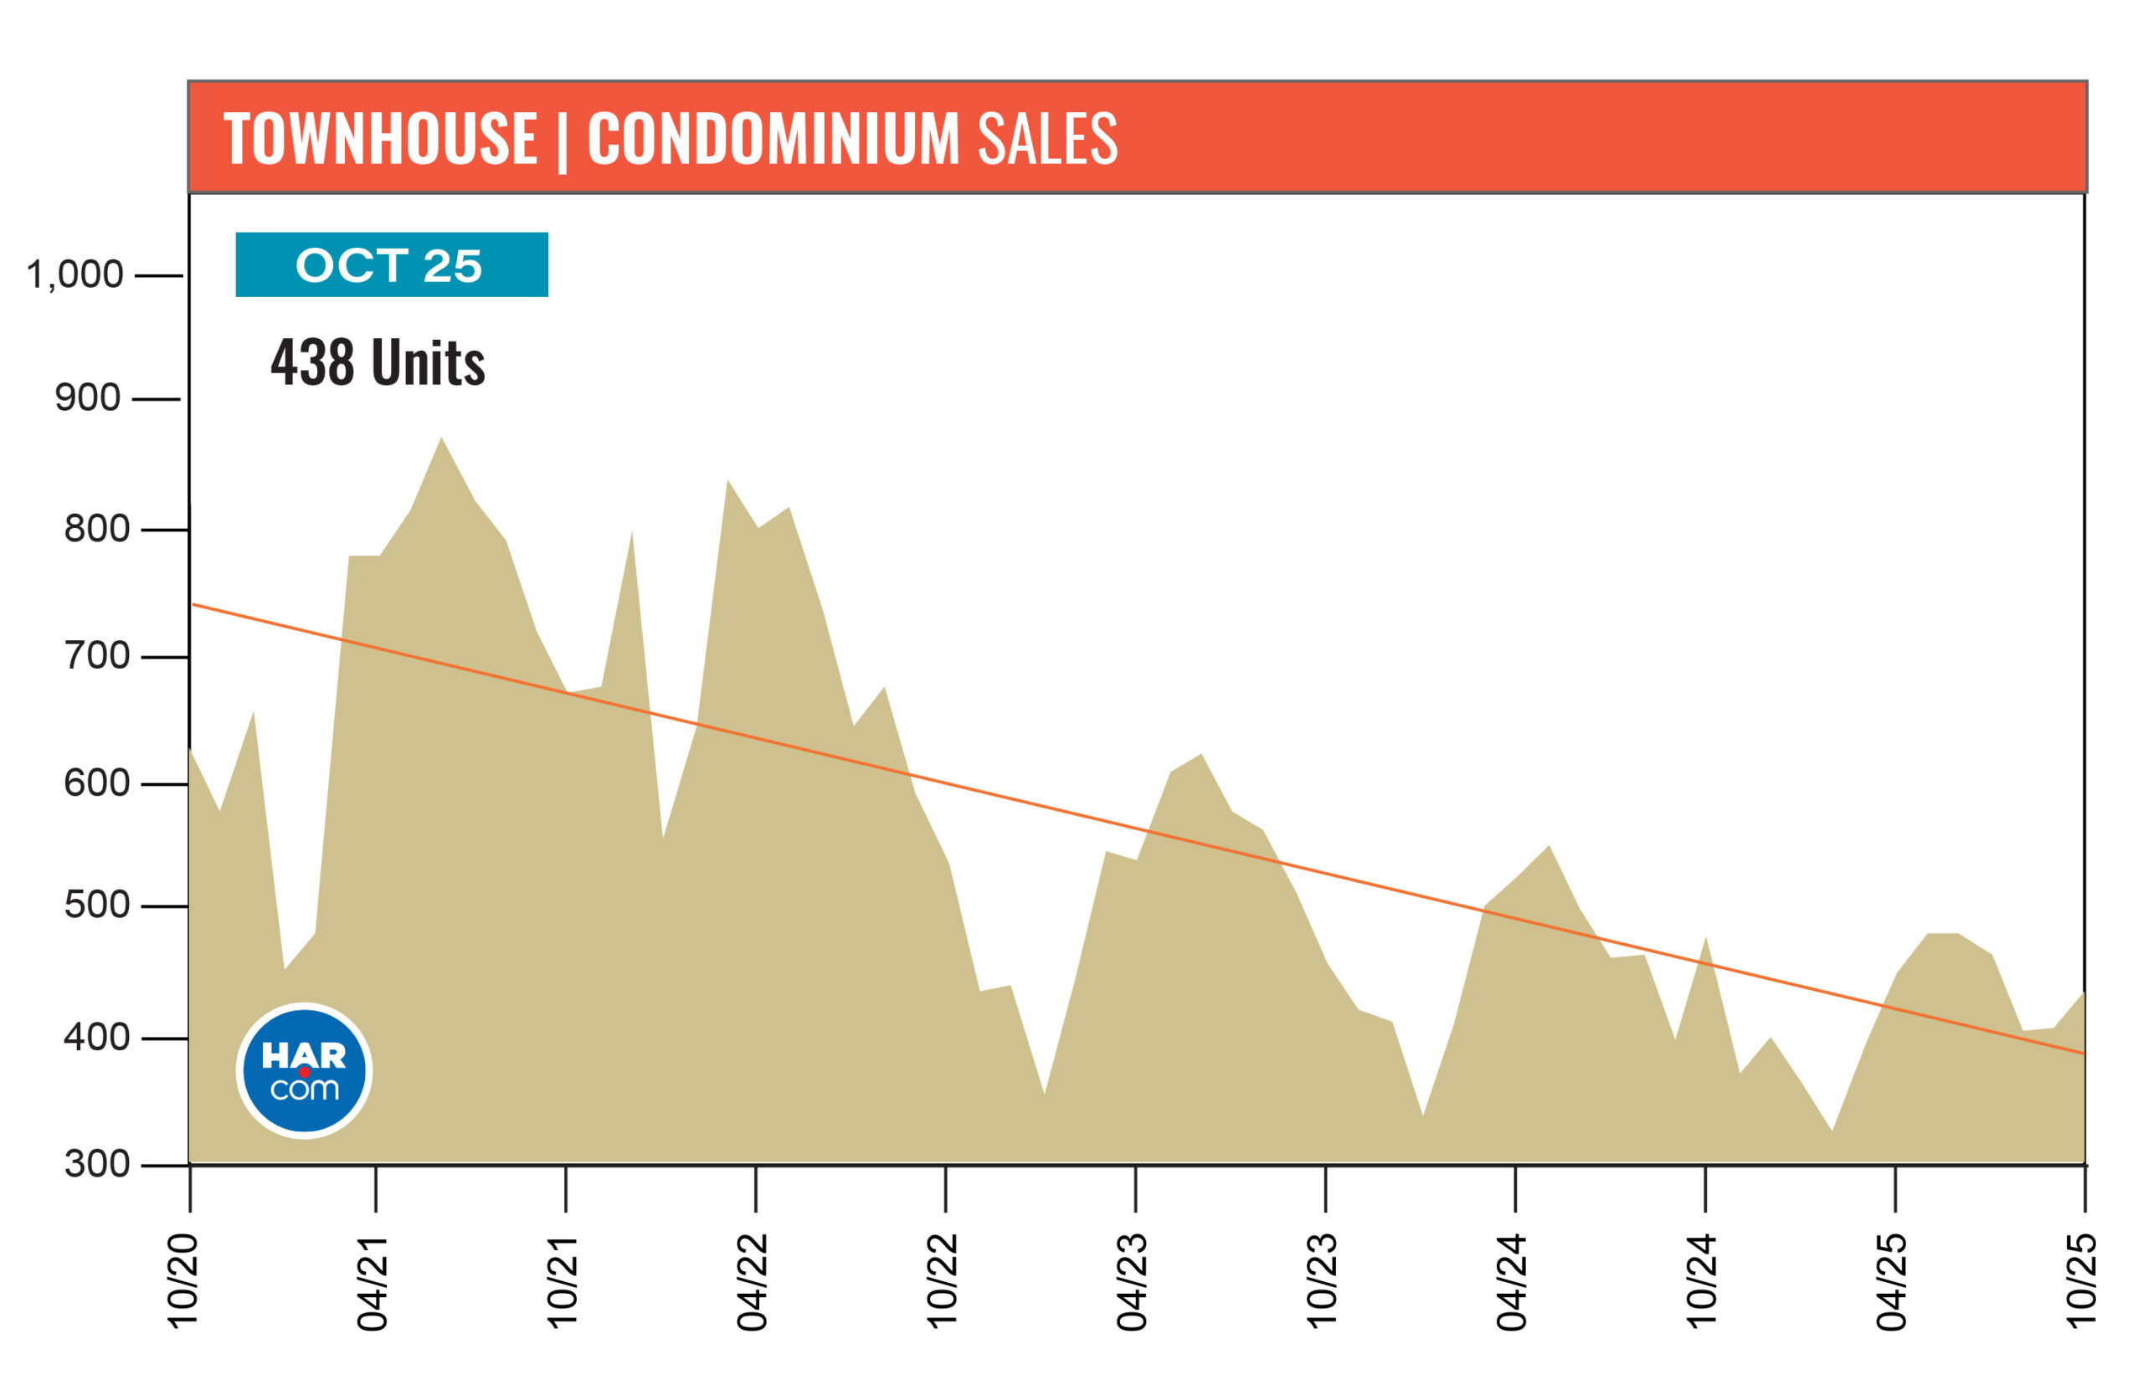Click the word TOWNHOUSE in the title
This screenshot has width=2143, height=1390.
point(380,139)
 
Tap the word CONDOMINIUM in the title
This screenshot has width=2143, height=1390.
point(773,139)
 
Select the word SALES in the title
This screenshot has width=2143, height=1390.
point(1047,139)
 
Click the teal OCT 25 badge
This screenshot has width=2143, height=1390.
point(392,264)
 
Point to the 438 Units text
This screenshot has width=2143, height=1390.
point(378,363)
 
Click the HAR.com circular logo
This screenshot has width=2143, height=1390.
point(305,1070)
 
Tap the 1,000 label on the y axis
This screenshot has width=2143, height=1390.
point(74,274)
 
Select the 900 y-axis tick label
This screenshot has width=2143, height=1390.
point(87,398)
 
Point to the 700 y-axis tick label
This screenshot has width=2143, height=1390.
point(96,656)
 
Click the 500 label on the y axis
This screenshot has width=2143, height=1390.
point(96,905)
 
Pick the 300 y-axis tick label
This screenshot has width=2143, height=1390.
point(96,1164)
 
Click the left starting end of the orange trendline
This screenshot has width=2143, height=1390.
point(193,604)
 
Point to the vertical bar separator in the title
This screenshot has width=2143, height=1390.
point(563,141)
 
